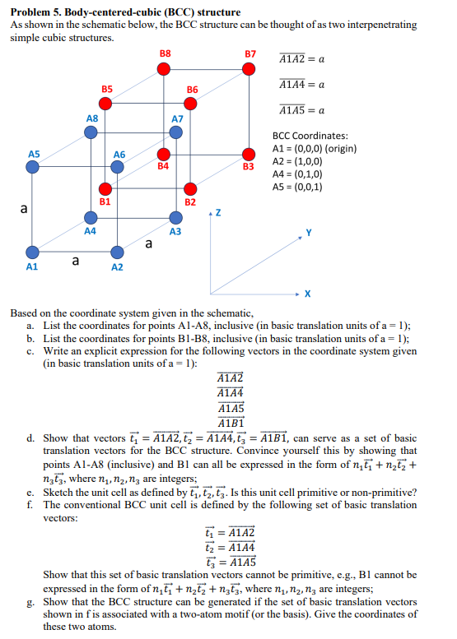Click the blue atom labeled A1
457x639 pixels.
32,252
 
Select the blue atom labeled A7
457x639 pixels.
175,133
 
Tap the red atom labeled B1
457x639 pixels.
105,188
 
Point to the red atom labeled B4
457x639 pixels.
164,154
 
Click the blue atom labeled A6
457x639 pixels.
118,166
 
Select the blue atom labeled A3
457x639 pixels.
175,218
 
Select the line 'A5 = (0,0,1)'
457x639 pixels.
296,186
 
